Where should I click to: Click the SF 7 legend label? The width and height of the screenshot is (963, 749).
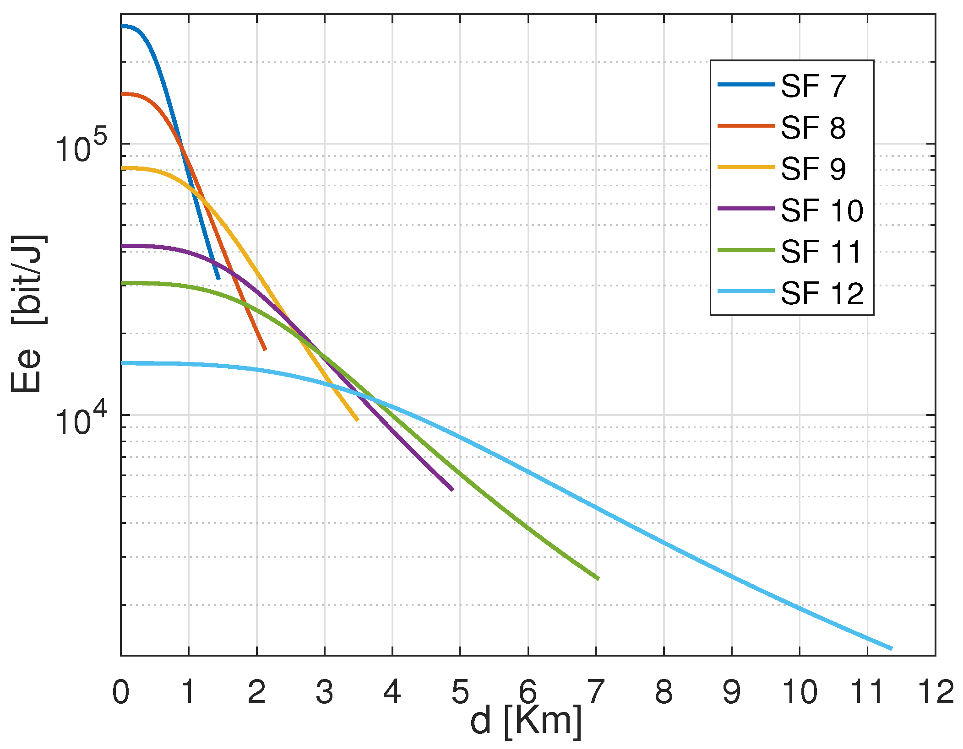click(x=813, y=86)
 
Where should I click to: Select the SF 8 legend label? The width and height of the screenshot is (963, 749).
click(x=813, y=127)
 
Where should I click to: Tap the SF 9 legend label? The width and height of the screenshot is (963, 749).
click(x=813, y=168)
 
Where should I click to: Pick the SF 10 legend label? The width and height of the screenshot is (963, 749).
click(x=822, y=210)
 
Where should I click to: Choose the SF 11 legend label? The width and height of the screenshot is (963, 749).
click(x=822, y=252)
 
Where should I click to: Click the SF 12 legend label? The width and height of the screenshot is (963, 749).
click(x=822, y=293)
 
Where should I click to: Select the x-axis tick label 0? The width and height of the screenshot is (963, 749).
click(x=121, y=692)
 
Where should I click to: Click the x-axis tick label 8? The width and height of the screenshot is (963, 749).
click(x=664, y=692)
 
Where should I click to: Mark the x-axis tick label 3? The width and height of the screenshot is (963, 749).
click(x=324, y=692)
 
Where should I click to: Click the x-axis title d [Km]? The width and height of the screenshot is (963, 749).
click(x=526, y=722)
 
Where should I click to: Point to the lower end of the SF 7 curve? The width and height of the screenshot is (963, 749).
click(x=218, y=278)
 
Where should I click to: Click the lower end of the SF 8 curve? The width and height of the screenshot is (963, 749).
click(x=265, y=350)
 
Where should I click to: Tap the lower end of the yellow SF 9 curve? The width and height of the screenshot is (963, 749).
click(x=358, y=420)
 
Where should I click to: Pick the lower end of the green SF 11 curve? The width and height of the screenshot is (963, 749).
click(x=598, y=579)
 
